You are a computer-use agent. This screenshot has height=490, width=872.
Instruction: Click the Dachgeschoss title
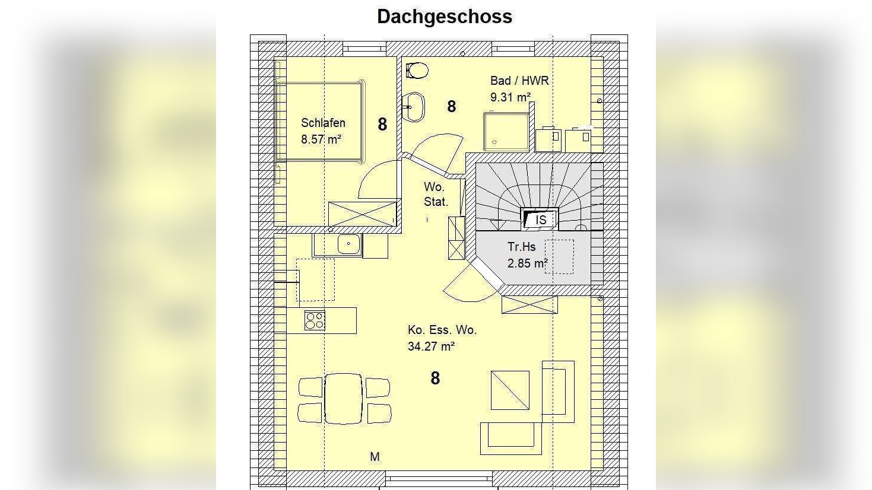tap(445, 17)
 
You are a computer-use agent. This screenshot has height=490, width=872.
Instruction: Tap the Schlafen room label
tap(323, 123)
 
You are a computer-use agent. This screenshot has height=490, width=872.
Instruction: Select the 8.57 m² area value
tap(321, 139)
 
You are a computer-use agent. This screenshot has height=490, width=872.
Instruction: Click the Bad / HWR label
tap(519, 81)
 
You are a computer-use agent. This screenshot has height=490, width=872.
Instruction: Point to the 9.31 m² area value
tap(510, 97)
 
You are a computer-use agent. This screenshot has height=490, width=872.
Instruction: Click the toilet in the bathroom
tap(417, 71)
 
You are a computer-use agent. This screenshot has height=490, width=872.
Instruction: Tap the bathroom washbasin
tap(413, 107)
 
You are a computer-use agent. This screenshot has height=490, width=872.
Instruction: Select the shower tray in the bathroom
tap(506, 132)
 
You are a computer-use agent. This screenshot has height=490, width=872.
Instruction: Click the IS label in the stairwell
tap(541, 219)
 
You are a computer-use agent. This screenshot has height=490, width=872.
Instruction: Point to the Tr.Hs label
tap(522, 247)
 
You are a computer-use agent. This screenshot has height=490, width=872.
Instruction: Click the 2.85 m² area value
tap(528, 263)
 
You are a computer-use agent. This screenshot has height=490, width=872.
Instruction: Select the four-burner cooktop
tap(315, 321)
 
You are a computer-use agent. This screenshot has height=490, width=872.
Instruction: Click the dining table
tap(343, 399)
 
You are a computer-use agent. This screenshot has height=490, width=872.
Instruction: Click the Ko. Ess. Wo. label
tap(442, 330)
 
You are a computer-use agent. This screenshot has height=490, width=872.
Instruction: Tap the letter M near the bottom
tap(375, 457)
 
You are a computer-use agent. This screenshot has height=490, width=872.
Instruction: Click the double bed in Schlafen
tap(320, 122)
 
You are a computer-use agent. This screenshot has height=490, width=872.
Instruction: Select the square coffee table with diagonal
tap(510, 390)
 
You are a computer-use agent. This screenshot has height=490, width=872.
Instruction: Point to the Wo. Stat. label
tap(436, 195)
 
